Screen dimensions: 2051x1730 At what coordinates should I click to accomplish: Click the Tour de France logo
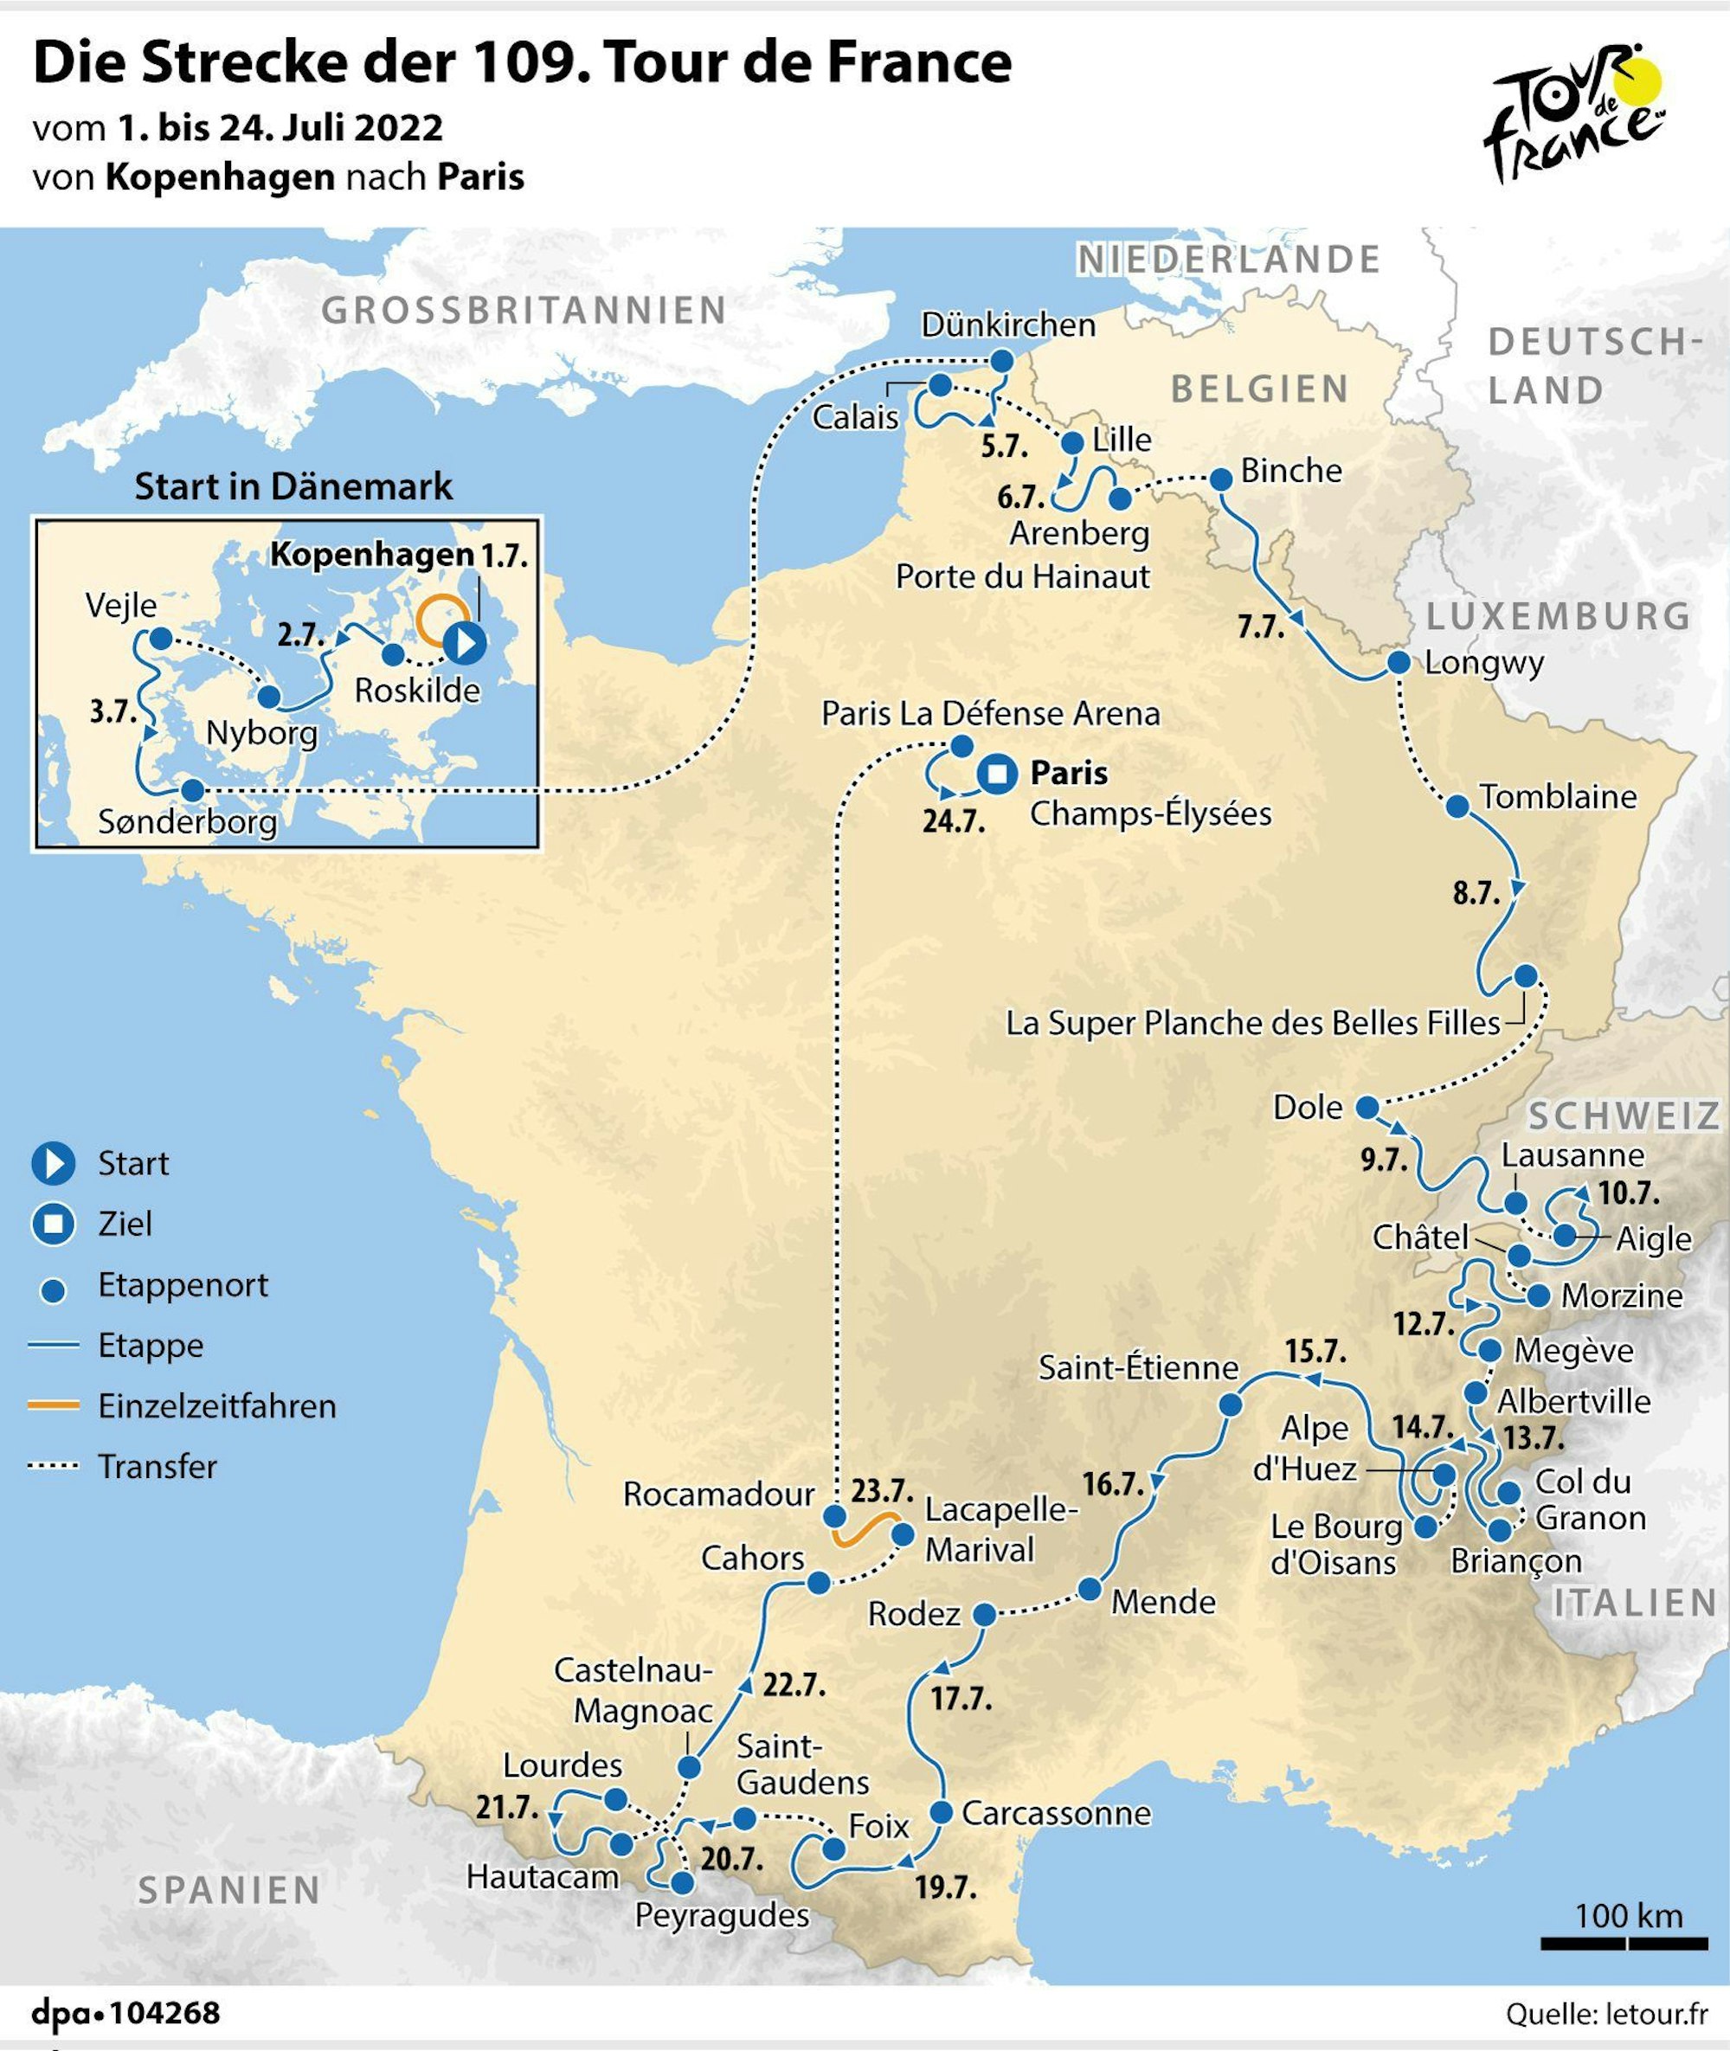(1575, 111)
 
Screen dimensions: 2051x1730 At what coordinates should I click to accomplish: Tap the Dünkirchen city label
(1008, 325)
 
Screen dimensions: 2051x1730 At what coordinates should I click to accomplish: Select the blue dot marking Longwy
(1399, 662)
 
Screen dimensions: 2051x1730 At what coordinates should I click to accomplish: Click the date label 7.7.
(1260, 627)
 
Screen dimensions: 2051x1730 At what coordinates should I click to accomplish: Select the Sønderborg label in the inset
(187, 821)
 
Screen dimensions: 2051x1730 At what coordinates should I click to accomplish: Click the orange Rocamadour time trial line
(866, 1530)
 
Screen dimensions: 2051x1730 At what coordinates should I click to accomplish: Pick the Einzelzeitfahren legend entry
(216, 1405)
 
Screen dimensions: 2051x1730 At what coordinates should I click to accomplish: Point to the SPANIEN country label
(229, 1889)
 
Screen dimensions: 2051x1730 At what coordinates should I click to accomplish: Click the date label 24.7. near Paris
(953, 821)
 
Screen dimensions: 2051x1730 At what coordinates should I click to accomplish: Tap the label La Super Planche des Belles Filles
(1252, 1023)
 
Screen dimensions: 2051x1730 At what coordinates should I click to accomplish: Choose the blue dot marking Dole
(1367, 1108)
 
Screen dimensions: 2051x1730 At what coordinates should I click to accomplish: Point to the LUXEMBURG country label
(1559, 616)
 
